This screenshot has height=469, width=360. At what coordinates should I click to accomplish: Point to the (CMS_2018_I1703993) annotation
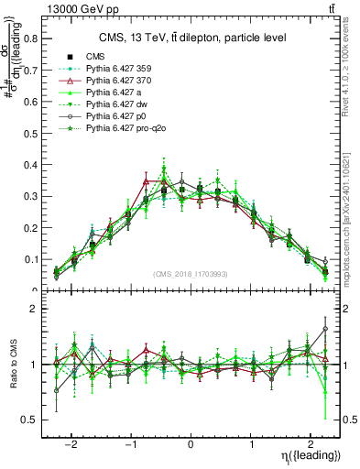pyautogui.click(x=191, y=275)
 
